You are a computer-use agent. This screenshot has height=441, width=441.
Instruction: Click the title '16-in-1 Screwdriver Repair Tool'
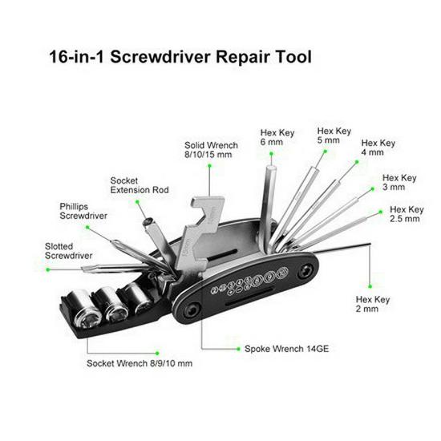click(180, 58)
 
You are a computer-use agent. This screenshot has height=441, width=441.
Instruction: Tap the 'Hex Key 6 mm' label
click(277, 137)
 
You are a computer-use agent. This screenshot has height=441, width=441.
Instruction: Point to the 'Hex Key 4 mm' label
click(378, 148)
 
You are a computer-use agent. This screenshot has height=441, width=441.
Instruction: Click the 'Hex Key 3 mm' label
click(399, 182)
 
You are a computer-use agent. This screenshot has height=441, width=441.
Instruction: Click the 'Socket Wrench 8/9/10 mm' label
click(140, 363)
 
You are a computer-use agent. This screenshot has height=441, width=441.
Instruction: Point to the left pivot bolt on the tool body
click(189, 310)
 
